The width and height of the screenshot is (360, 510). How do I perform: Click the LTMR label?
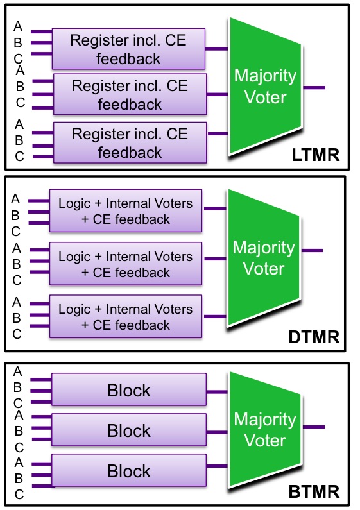tap(316, 155)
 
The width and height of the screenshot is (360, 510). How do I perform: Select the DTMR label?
tap(314, 337)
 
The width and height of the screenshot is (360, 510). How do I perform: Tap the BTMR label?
tap(314, 491)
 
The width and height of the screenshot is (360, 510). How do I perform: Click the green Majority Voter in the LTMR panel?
tap(265, 87)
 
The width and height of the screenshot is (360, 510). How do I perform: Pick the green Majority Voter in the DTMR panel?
tap(264, 259)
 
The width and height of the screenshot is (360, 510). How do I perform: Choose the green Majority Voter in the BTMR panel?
tap(265, 430)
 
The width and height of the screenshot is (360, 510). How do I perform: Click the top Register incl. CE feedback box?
tap(128, 49)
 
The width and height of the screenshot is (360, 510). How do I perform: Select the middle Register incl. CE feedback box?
tap(130, 94)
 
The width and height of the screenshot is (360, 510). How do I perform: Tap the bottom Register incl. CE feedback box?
tap(130, 142)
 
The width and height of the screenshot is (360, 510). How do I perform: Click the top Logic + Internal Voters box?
tap(126, 211)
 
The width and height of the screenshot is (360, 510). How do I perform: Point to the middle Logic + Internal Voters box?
tap(126, 264)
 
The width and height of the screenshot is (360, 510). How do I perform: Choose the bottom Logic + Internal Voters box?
tap(126, 316)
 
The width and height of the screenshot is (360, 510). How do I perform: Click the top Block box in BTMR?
tap(129, 389)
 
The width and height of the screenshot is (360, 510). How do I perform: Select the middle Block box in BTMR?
tap(129, 430)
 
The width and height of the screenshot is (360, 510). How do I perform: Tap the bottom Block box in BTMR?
tap(129, 470)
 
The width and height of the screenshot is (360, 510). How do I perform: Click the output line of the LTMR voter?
tap(314, 87)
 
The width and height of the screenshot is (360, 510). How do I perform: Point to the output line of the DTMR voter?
tap(312, 250)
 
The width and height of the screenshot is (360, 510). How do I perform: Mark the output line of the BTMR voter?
tap(314, 427)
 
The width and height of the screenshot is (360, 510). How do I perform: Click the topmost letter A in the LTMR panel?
tap(18, 26)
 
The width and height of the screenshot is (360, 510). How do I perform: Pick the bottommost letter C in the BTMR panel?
tap(19, 495)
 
